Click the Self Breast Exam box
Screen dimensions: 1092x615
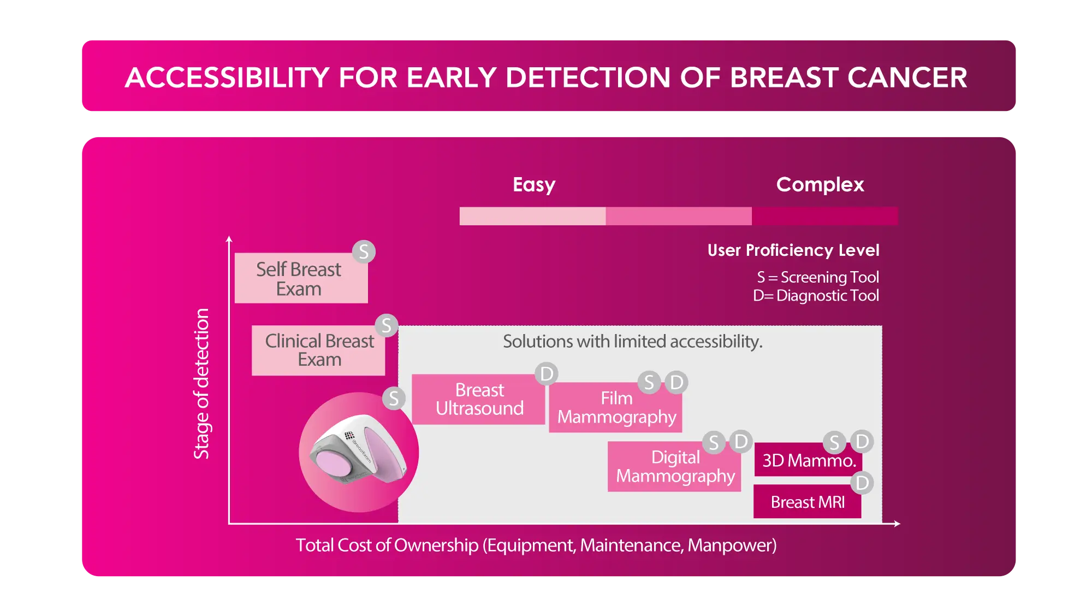[301, 278]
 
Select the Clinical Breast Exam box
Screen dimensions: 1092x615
[318, 350]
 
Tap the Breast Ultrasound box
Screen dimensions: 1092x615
[478, 399]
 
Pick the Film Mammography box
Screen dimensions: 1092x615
[615, 407]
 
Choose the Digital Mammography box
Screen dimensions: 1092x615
[674, 466]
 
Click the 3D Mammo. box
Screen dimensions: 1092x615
[808, 459]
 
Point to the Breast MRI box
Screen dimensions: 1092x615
[808, 501]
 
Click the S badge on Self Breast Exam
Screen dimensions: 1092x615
[364, 252]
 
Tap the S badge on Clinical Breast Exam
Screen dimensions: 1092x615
[387, 326]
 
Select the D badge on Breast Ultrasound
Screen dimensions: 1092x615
[547, 374]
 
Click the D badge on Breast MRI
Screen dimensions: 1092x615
[862, 483]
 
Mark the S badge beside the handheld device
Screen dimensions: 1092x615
[394, 398]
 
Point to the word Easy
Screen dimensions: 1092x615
[534, 185]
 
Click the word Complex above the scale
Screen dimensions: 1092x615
[820, 185]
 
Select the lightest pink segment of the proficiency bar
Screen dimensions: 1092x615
[533, 216]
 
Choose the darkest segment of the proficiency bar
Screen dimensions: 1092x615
[825, 216]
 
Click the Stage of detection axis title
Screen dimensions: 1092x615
[201, 384]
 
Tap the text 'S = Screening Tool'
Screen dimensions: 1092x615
[818, 277]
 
